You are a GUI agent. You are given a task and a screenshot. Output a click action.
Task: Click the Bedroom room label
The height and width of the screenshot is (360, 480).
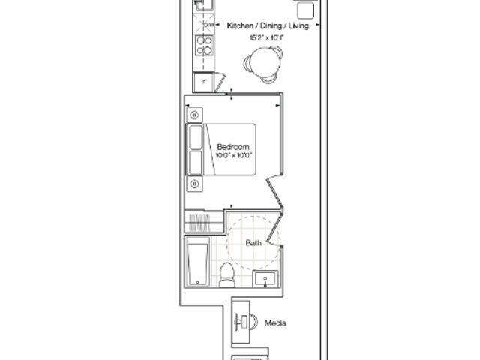coord(233,147)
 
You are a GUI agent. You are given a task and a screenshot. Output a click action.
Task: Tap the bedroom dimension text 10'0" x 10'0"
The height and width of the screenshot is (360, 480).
coord(234,155)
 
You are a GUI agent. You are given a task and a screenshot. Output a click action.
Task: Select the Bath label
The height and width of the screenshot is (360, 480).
coord(253,243)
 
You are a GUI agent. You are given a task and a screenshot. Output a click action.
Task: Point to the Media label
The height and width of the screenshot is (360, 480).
coord(275,323)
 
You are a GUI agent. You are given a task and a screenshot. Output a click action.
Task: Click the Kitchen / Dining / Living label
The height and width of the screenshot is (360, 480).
coord(268,25)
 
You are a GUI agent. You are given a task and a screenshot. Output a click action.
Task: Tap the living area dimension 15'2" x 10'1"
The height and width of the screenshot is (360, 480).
coord(267,37)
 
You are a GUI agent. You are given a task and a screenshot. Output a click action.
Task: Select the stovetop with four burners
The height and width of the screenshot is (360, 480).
coord(204,45)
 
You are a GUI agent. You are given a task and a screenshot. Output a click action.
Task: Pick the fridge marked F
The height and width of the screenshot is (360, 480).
coord(203,82)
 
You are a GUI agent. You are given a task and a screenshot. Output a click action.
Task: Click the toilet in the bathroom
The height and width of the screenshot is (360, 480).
coord(226,274)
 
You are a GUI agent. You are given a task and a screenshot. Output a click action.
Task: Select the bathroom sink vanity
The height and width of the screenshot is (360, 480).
coord(265,279)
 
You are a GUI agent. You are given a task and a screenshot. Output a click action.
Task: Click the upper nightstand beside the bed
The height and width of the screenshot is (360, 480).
coord(194,115)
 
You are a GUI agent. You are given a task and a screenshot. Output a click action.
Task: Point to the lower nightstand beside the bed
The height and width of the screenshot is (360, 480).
coord(194,184)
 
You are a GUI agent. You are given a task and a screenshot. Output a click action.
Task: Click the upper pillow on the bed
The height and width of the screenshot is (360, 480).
coord(196,137)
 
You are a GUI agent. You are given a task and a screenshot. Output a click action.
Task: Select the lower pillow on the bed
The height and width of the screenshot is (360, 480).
coord(196,163)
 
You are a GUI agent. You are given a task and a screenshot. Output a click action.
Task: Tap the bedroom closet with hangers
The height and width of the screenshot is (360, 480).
coord(204,221)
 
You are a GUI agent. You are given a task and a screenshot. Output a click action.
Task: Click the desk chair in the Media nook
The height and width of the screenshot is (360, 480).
coord(254,322)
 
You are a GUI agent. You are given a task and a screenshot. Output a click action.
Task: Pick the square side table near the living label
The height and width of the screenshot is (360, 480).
coord(305,10)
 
